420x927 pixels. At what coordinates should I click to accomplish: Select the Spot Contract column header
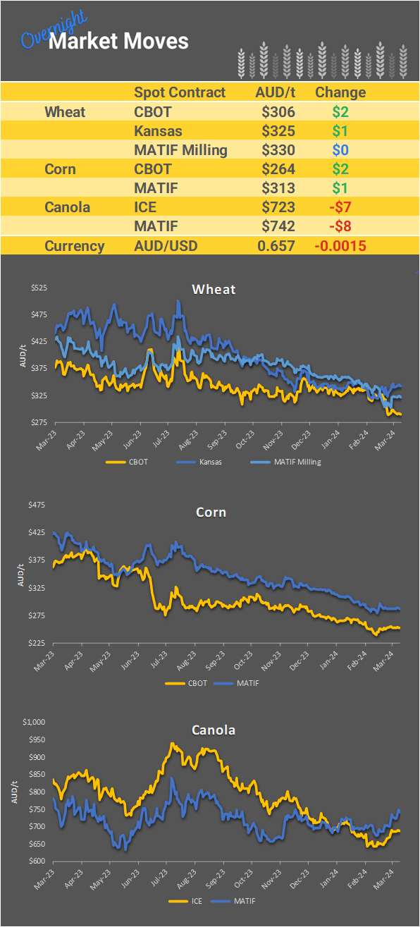[180, 92]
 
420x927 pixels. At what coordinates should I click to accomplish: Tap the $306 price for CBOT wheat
[278, 111]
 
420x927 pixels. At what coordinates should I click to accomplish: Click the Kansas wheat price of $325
[278, 130]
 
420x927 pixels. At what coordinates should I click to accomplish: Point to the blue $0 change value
[340, 149]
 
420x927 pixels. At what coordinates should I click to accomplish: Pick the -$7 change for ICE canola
[340, 207]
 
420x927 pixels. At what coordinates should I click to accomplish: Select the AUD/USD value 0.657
[278, 246]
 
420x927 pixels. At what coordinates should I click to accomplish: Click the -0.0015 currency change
[340, 246]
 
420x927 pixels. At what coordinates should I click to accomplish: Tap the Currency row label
[74, 246]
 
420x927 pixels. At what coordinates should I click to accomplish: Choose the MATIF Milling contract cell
[180, 149]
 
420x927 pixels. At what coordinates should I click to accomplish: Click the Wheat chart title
[214, 289]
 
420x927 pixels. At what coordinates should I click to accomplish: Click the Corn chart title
[211, 512]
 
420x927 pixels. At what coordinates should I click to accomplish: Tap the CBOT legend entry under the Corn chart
[197, 683]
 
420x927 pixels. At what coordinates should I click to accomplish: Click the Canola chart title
[214, 730]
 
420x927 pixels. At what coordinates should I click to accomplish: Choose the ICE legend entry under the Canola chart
[196, 901]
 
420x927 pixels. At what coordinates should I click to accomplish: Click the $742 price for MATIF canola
[278, 226]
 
